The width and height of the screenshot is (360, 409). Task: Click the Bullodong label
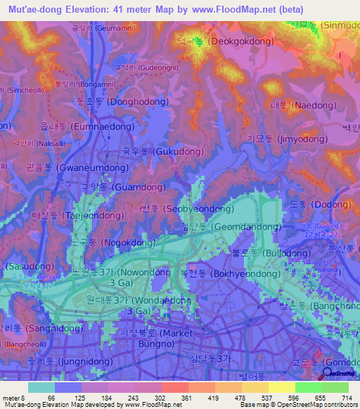[271, 252]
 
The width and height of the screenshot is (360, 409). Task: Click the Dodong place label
[314, 204]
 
